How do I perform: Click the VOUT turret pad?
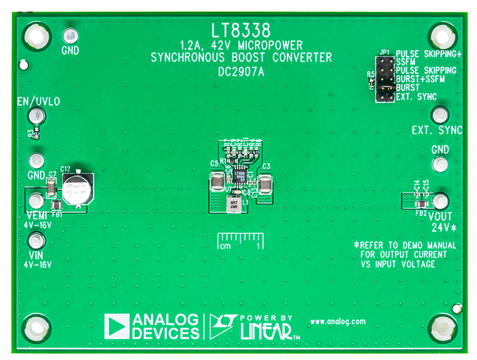(x=441, y=201)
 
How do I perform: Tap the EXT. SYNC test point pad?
(x=440, y=114)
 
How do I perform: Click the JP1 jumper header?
(x=383, y=79)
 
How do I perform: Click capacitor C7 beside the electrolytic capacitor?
(x=52, y=189)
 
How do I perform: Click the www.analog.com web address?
(x=337, y=321)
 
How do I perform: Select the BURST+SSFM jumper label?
(x=416, y=79)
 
